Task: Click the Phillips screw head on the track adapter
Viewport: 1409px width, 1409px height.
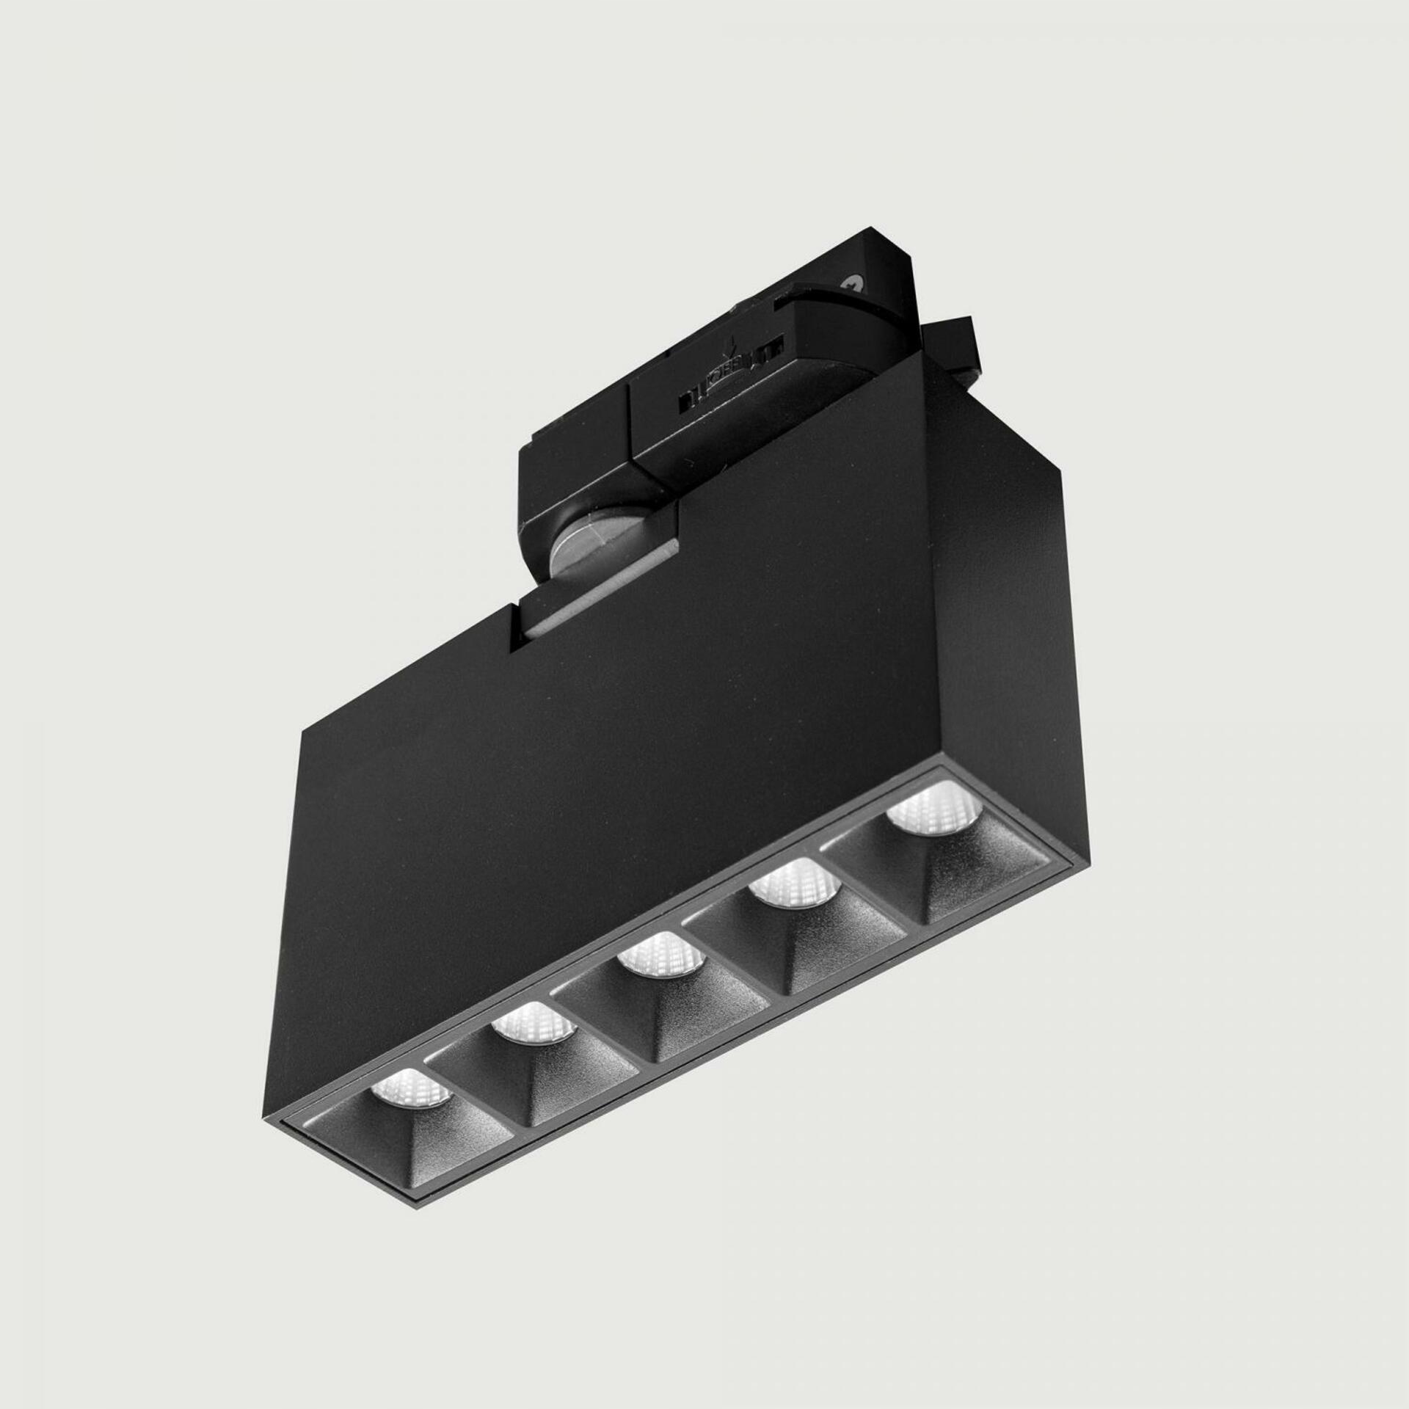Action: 853,281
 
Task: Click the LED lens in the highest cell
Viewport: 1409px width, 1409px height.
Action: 926,810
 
